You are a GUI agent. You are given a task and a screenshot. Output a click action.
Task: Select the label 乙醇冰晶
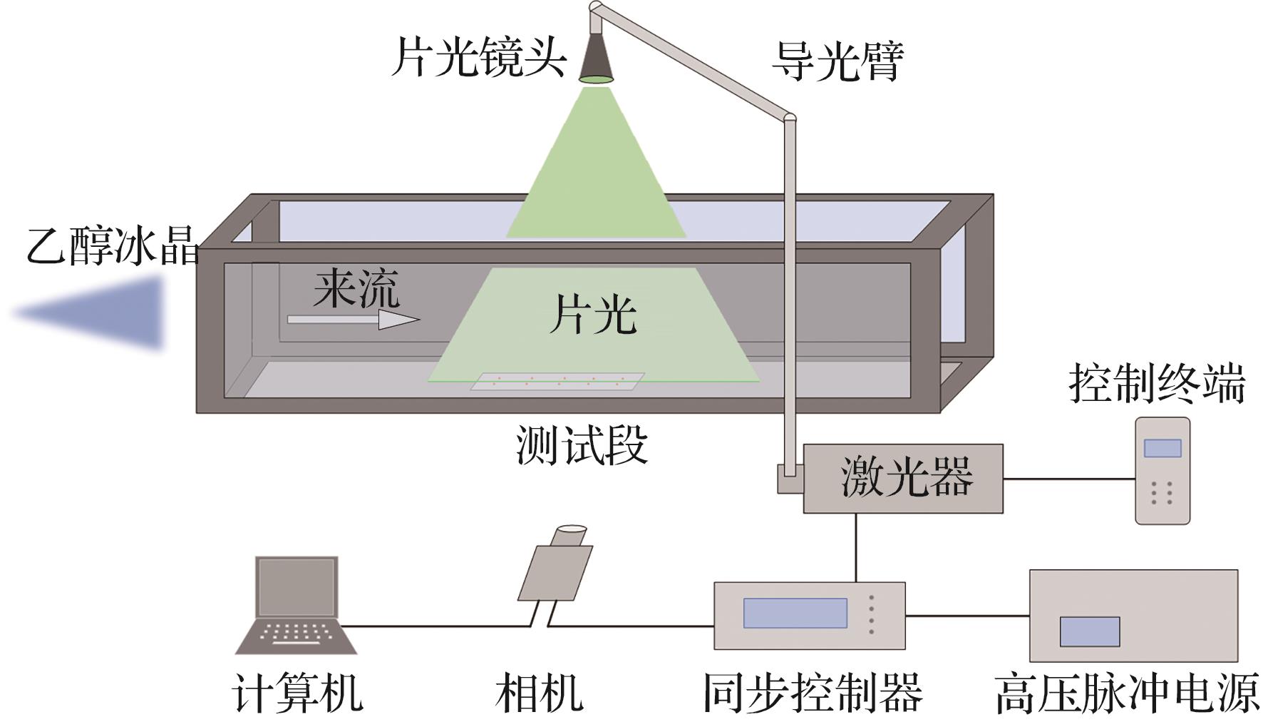pos(113,247)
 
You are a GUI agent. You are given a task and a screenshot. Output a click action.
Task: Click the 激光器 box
pos(903,477)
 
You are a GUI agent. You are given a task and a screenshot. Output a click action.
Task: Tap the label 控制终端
pos(1156,384)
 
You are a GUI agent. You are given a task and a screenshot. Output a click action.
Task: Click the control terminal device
pos(1162,471)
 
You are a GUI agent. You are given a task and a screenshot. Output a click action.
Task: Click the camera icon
pos(557,567)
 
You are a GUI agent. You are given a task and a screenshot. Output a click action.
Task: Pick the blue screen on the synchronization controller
pos(795,613)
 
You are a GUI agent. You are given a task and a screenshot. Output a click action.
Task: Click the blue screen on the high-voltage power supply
pos(1089,631)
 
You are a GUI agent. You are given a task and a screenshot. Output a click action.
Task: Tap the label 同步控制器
pos(812,692)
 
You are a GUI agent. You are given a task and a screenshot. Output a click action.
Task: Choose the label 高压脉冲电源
pos(1126,692)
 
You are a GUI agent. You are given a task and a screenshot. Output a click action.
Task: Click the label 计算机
pos(297,692)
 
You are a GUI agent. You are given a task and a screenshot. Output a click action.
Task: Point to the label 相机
pos(540,692)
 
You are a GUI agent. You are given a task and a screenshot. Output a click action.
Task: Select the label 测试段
pos(582,445)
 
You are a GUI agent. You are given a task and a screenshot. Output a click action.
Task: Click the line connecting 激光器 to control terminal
pos(1069,479)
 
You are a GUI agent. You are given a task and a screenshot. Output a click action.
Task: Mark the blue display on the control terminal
pos(1162,448)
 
